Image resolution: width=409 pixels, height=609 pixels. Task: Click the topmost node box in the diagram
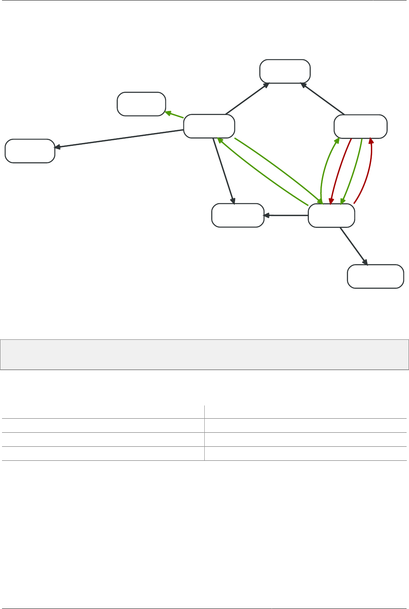coord(285,71)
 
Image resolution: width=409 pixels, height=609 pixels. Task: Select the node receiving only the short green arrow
coord(141,104)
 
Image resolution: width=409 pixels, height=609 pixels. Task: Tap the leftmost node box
coord(30,151)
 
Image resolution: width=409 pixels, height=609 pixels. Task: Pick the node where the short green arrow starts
coord(209,126)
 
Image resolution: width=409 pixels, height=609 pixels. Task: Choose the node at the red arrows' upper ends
coord(361,127)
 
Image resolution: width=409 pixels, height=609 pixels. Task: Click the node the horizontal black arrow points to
coord(238,216)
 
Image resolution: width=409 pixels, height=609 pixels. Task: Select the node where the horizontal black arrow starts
coord(331,216)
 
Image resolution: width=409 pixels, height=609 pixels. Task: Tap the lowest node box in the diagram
coord(375,276)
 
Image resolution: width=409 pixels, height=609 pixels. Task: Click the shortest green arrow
coord(175,115)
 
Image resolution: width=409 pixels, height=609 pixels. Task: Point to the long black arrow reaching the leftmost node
coord(120,139)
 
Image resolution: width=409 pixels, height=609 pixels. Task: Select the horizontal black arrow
coord(286,216)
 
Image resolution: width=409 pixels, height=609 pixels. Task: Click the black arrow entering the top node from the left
coord(246,99)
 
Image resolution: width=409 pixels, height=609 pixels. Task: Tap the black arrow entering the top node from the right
coord(323,99)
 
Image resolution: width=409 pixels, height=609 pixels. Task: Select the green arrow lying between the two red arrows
coord(353,170)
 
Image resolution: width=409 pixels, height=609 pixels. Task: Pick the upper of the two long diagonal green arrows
coord(276,168)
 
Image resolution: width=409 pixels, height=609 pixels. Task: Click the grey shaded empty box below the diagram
coord(204,355)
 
